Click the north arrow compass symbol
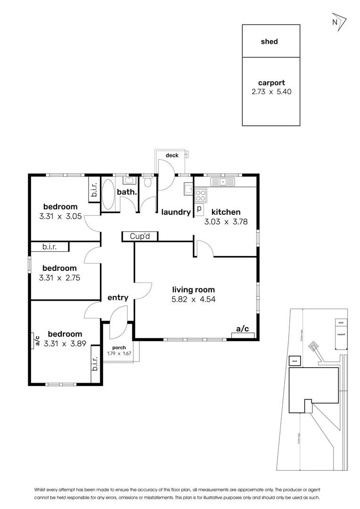point(338,22)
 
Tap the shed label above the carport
point(270,41)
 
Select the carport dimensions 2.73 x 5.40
point(271,92)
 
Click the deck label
point(172,156)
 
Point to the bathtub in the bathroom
point(108,194)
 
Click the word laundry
point(176,213)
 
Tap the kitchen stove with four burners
point(200,193)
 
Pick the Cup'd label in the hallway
point(140,236)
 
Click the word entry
point(118,297)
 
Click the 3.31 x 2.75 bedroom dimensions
point(60,278)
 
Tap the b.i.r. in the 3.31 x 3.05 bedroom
point(94,190)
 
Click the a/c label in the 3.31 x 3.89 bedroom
point(36,340)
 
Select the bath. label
point(127,192)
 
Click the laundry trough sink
point(188,190)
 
